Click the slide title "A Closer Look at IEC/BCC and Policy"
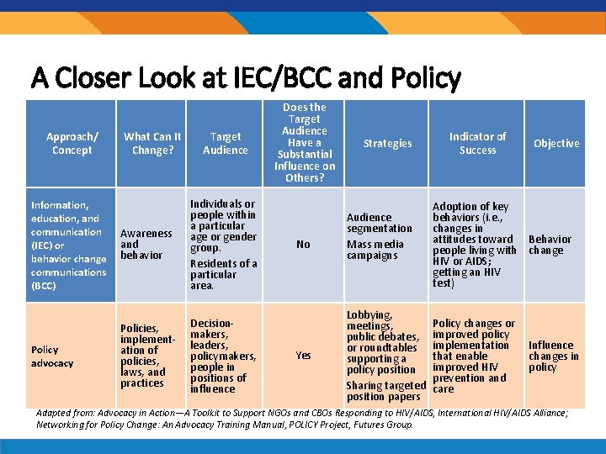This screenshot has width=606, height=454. click(x=246, y=78)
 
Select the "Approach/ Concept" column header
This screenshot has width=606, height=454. click(x=72, y=143)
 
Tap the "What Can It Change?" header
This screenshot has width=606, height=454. click(x=152, y=143)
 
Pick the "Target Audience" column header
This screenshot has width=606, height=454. click(x=225, y=143)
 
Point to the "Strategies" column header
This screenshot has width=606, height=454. click(x=387, y=143)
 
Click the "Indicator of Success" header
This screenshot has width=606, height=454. click(x=477, y=143)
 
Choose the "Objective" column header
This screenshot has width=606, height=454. click(x=556, y=143)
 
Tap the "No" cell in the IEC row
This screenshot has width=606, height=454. click(x=303, y=244)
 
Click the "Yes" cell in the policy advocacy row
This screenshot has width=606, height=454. click(x=303, y=355)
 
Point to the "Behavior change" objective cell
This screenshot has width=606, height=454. click(x=550, y=245)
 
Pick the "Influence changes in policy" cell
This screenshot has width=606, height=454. click(x=553, y=356)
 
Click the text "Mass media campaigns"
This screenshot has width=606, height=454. click(x=375, y=250)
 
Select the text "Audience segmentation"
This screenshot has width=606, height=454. click(x=380, y=223)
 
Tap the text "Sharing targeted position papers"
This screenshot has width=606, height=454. click(x=386, y=391)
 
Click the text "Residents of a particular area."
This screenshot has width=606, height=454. click(x=223, y=274)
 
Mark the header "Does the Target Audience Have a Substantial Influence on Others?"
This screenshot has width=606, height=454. click(x=304, y=142)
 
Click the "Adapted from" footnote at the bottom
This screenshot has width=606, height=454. click(x=302, y=419)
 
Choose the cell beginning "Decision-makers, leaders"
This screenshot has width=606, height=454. click(x=221, y=356)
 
